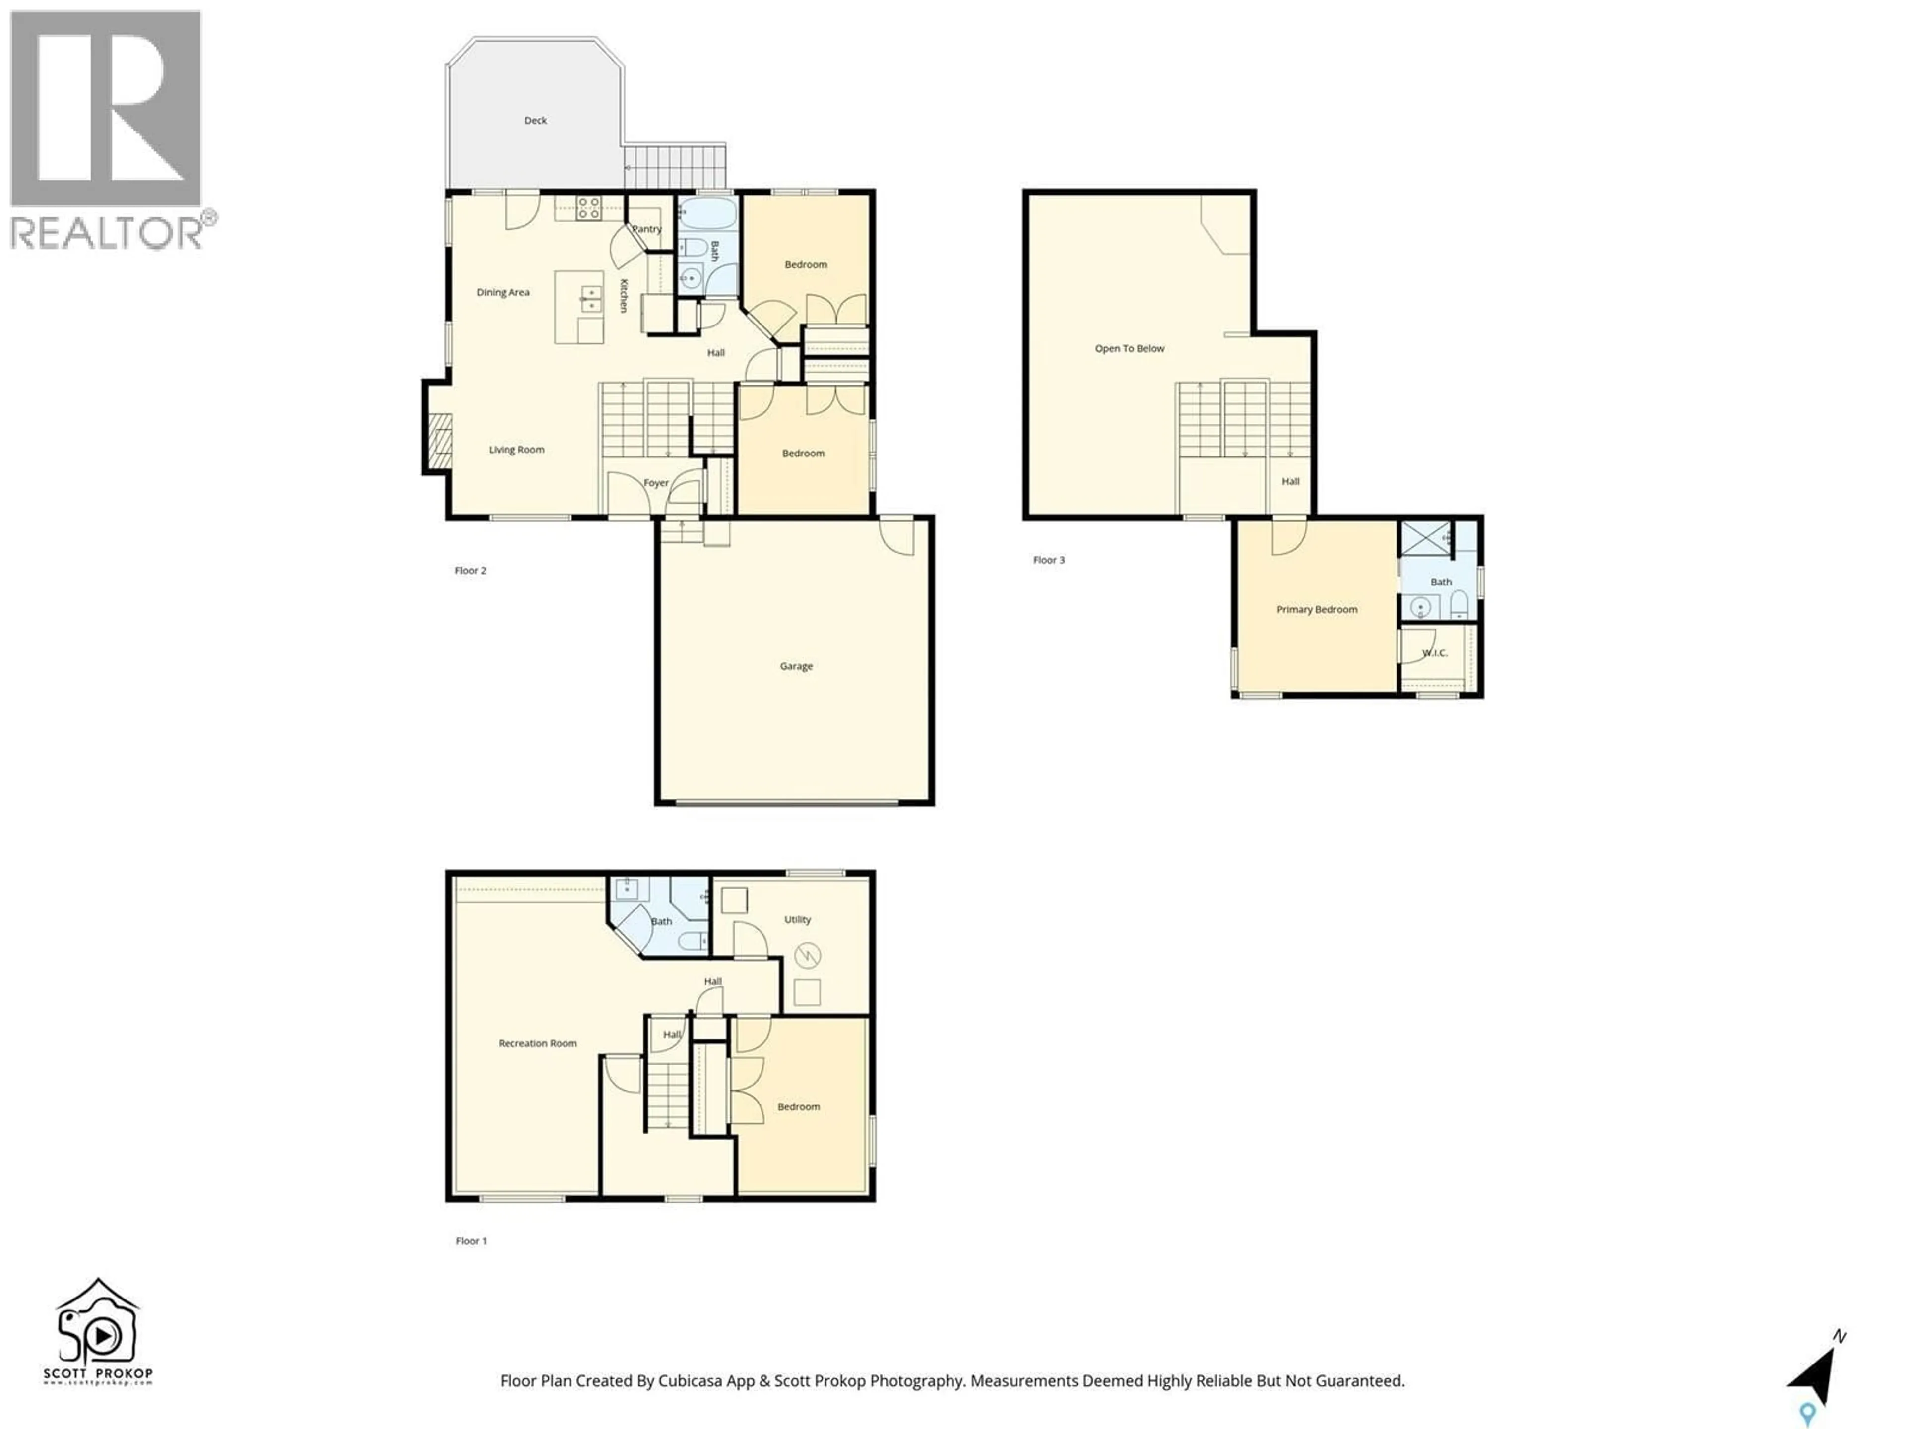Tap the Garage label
click(796, 666)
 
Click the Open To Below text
click(1129, 349)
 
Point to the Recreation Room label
click(537, 1043)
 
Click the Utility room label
click(797, 920)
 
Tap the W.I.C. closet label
click(1434, 653)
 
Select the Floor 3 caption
click(1048, 560)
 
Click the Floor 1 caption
click(471, 1241)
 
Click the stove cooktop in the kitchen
click(589, 207)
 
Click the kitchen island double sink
click(591, 299)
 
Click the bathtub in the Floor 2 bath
click(707, 214)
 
